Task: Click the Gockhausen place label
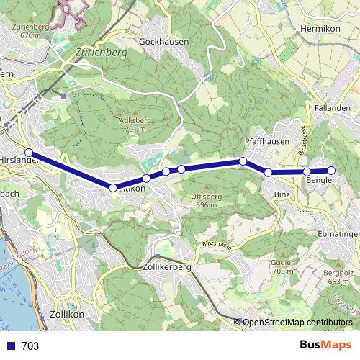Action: coord(165,42)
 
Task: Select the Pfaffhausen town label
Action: coord(267,142)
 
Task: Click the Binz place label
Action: coord(282,194)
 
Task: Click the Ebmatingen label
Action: coord(338,234)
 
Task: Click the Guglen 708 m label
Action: coord(284,267)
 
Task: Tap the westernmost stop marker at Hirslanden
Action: coord(29,153)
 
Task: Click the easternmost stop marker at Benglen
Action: coord(332,170)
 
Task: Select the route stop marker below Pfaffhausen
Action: coord(243,161)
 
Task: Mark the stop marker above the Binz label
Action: coord(269,173)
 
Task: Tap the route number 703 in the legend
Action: coord(30,346)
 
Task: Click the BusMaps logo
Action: coord(325,345)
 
